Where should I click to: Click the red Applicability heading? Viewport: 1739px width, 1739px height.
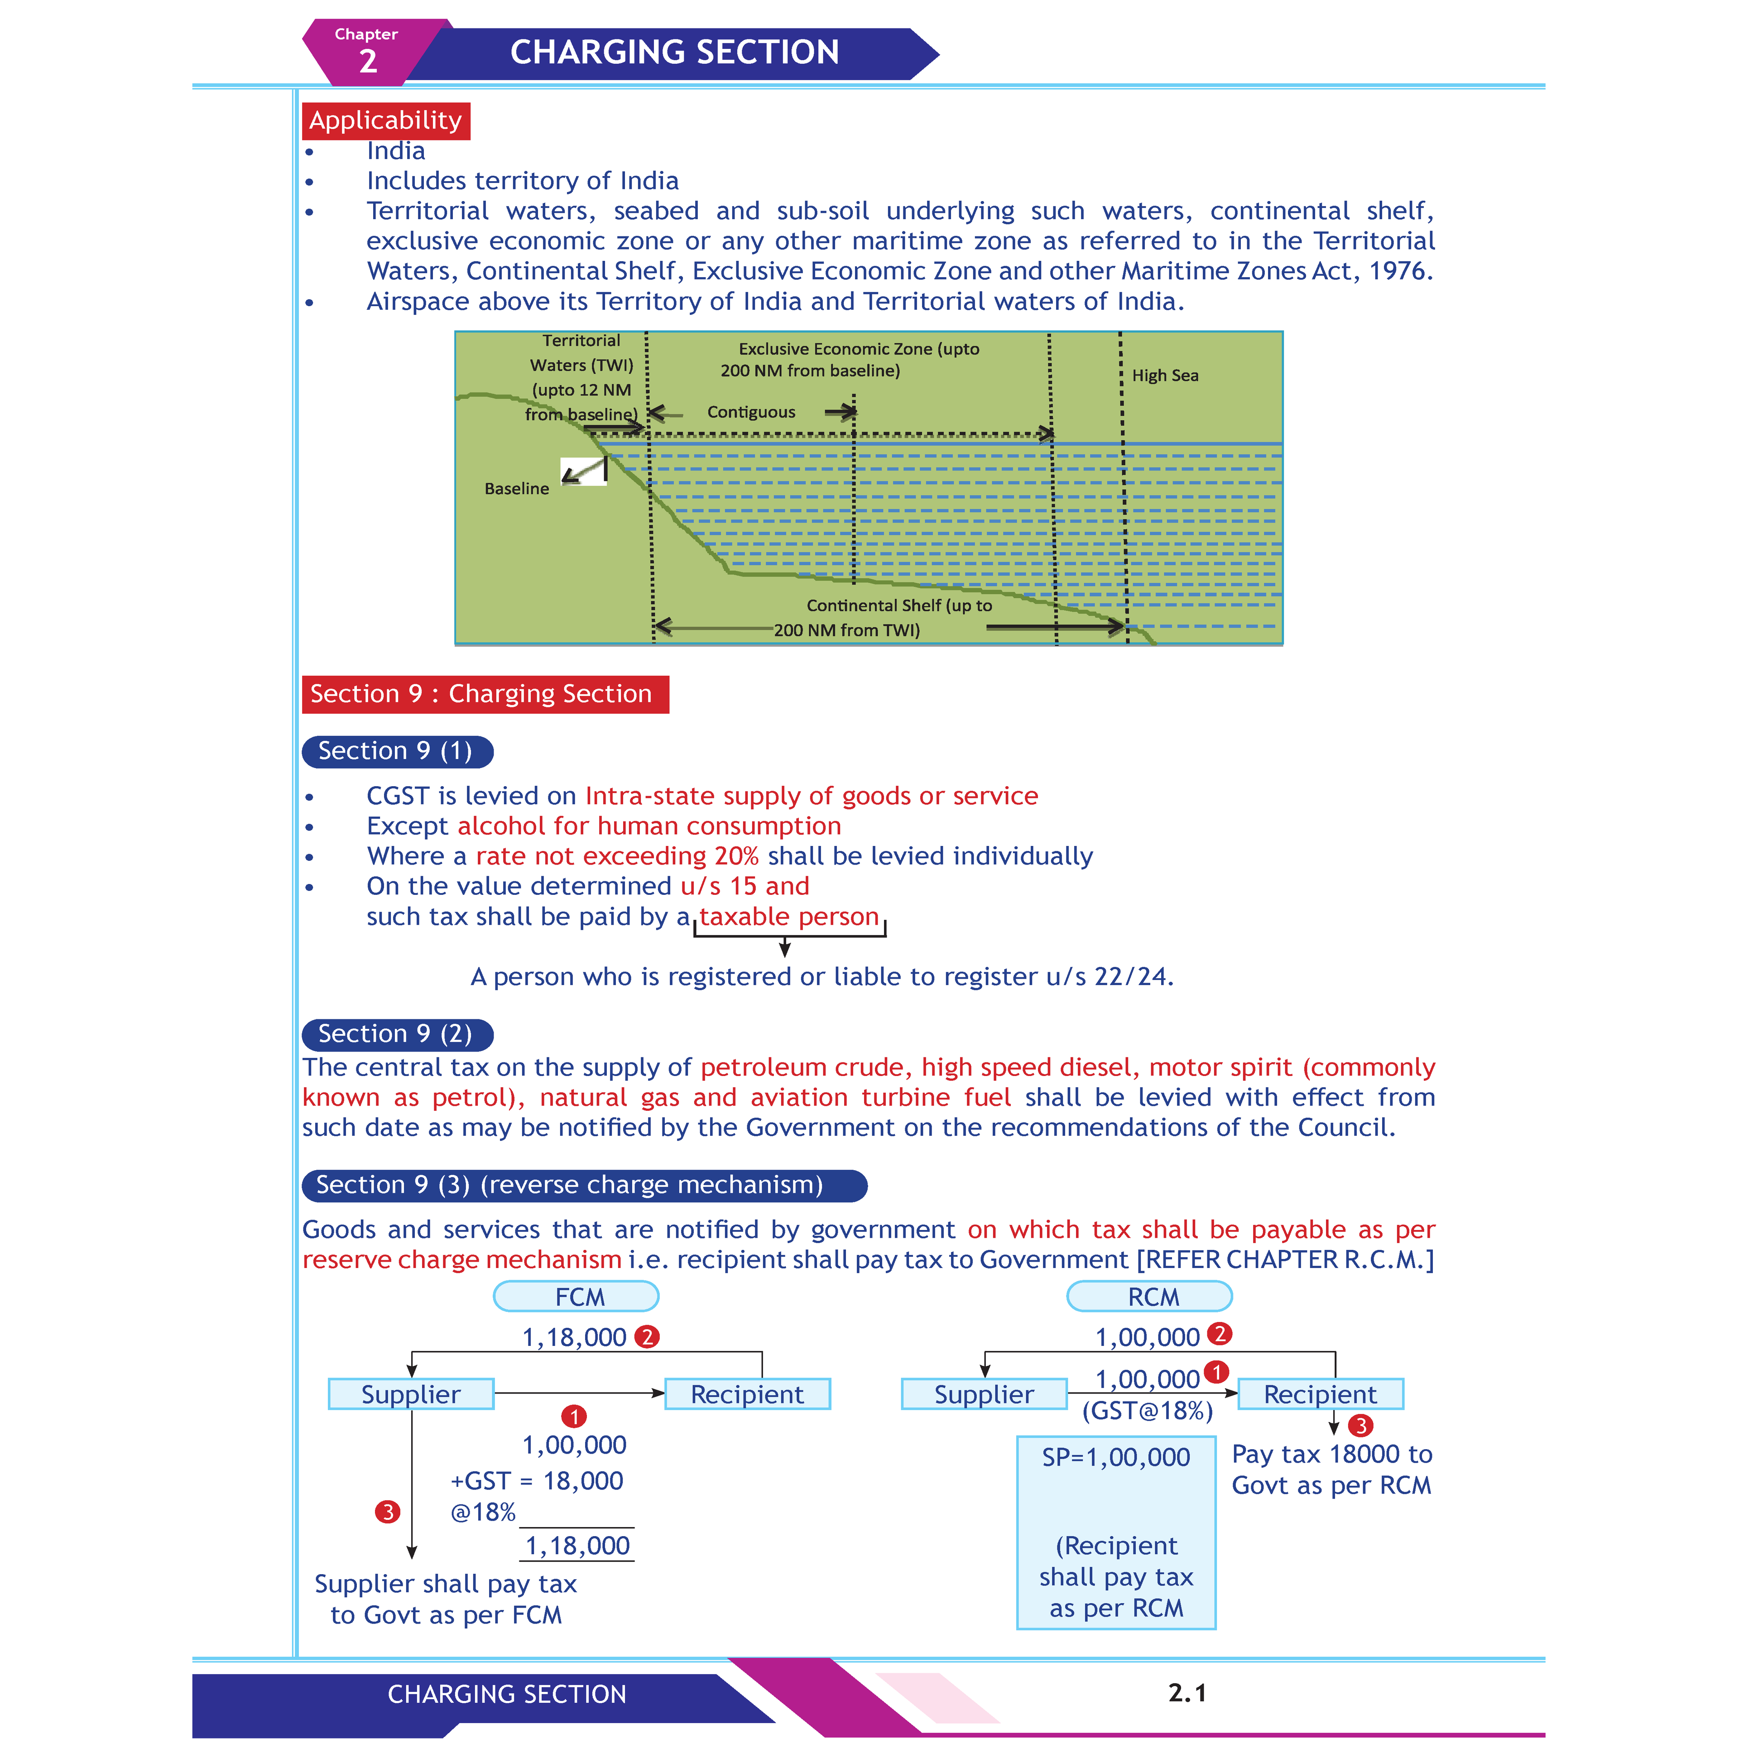coord(385,120)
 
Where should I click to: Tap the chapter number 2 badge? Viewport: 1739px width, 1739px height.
coord(367,60)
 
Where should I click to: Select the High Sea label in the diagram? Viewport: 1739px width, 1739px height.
coord(1165,375)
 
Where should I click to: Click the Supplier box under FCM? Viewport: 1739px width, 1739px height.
coord(410,1394)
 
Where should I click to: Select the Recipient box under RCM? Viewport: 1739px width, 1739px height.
coord(1320,1394)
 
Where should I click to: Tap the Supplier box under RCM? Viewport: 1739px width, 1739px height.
coord(984,1394)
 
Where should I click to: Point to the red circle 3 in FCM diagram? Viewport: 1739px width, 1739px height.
coord(387,1511)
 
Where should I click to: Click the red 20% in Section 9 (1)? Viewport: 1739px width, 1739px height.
coord(735,856)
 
